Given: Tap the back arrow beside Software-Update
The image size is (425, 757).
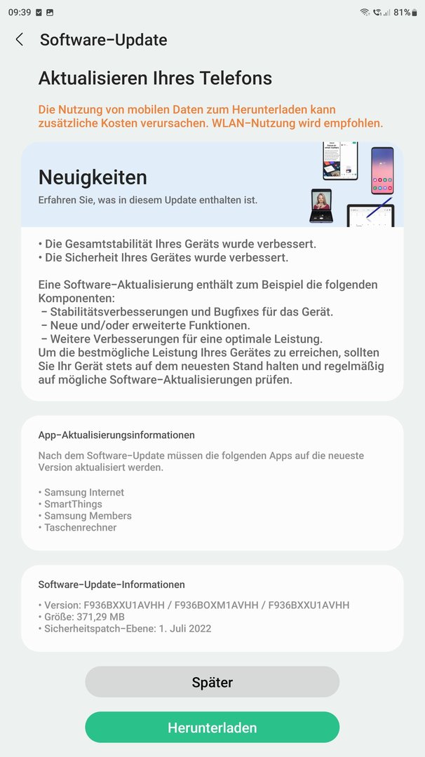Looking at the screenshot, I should point(20,40).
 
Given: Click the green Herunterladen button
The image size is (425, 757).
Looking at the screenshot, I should point(212,728).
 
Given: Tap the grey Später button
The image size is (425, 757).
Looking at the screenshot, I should point(212,682).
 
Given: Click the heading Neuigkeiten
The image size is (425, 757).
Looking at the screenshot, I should point(93,177).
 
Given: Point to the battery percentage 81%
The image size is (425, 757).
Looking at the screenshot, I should point(402,13).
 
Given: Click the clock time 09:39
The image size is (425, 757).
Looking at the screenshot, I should point(19,13).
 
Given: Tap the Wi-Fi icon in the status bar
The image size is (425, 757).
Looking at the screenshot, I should point(365,13).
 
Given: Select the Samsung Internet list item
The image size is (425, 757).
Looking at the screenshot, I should point(83,493).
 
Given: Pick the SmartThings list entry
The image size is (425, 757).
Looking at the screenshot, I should point(73,504).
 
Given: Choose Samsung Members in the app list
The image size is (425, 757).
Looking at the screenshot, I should point(88,516).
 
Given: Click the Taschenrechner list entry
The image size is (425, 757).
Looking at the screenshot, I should point(80,527).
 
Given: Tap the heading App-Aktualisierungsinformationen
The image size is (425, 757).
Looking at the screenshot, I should point(116,435).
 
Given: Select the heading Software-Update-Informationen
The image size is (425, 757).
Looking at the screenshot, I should point(112,585).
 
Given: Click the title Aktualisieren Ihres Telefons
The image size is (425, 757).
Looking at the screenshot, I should point(155,78).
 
